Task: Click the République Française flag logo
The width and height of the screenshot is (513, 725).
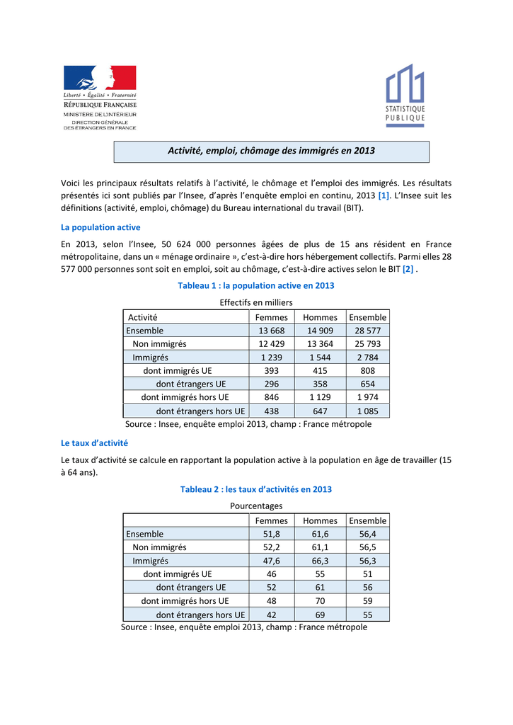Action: tap(100, 78)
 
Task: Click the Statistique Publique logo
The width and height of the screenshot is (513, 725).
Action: tap(405, 96)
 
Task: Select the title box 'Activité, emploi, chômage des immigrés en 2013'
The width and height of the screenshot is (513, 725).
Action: tap(272, 151)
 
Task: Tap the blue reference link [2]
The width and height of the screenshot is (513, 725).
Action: tap(408, 269)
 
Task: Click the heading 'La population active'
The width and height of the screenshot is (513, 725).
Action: tap(101, 227)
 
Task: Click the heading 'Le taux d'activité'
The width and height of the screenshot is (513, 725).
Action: tap(95, 443)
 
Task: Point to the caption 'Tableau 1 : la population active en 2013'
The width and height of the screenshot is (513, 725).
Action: tap(255, 285)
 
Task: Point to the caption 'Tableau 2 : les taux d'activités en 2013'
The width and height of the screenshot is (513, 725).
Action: tap(256, 489)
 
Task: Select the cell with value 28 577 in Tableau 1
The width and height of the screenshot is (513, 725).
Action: tap(368, 331)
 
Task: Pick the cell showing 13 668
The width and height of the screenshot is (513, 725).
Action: tap(272, 331)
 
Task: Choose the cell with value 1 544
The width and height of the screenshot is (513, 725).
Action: tap(320, 358)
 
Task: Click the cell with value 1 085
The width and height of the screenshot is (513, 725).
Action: tap(368, 411)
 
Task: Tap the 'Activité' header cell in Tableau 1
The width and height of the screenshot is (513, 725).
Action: tap(142, 317)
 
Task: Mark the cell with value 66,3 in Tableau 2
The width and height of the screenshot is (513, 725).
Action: tap(320, 561)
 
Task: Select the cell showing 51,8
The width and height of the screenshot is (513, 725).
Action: tap(272, 534)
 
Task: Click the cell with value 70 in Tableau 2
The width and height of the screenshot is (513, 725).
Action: tap(320, 601)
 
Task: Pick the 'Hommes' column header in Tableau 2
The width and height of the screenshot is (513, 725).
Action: tap(320, 520)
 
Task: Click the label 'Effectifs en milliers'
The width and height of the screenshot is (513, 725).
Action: tap(256, 302)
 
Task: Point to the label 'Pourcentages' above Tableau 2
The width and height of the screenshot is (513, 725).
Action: tap(256, 506)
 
